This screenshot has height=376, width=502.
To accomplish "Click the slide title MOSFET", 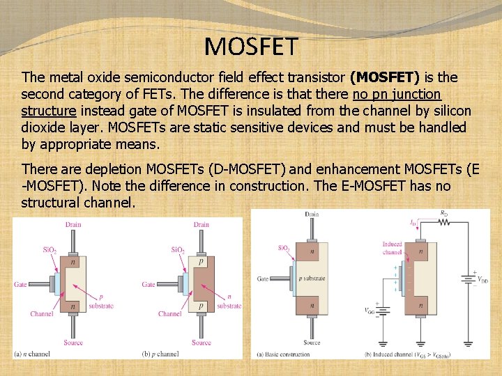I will [x=251, y=47].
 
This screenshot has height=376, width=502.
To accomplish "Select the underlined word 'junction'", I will [x=416, y=94].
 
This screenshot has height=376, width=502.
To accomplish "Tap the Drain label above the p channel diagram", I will [x=201, y=224].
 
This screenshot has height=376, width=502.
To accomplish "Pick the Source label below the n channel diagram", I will [x=73, y=342].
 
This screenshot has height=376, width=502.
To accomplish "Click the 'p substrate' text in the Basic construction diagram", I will [x=312, y=278].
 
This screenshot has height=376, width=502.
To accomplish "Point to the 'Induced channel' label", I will [x=392, y=248].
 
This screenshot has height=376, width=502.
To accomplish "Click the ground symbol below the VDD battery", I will [x=467, y=343].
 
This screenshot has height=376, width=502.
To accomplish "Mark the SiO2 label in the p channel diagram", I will [x=178, y=249].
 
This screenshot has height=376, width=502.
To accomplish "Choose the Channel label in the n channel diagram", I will [x=42, y=314].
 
